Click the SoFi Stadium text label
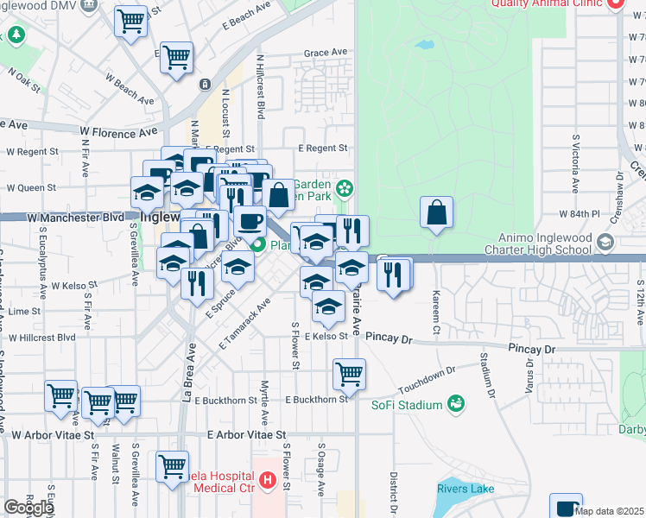(407, 406)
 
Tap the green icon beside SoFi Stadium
(455, 404)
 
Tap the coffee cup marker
(250, 220)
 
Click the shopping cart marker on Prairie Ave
(349, 374)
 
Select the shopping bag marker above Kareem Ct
(437, 212)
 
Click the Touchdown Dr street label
(427, 373)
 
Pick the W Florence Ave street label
(118, 134)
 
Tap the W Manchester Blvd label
(75, 218)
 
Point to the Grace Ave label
(326, 53)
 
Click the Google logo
(28, 507)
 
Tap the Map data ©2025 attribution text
(610, 511)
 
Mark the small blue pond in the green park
(424, 44)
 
